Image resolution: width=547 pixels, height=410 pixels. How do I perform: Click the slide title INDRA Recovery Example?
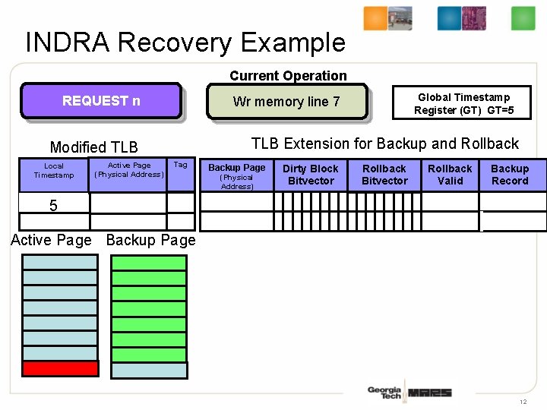(x=185, y=43)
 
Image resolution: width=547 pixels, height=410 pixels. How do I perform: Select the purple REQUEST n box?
(x=101, y=101)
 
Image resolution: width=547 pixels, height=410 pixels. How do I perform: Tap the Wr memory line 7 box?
(x=286, y=102)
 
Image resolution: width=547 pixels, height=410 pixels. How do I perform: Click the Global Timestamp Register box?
(x=463, y=103)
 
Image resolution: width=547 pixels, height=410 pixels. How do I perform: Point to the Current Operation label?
(x=288, y=76)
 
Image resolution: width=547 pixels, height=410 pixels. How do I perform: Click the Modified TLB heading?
(x=93, y=147)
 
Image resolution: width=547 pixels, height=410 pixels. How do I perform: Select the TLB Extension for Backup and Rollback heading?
(x=384, y=143)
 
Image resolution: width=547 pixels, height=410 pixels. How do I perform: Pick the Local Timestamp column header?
(x=54, y=171)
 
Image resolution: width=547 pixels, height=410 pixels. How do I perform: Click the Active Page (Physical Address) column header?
(x=128, y=170)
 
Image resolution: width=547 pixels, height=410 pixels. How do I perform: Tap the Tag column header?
(x=180, y=165)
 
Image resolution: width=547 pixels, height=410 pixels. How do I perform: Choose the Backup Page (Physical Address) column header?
(x=237, y=175)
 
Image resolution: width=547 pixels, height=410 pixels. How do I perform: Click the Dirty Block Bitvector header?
(x=311, y=175)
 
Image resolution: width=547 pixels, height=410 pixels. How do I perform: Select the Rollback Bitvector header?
(x=384, y=175)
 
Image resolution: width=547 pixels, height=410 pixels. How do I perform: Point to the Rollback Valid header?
(x=450, y=175)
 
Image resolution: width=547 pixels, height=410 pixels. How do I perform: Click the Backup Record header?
(x=510, y=175)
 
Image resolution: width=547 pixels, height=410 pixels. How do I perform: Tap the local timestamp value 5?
(x=53, y=206)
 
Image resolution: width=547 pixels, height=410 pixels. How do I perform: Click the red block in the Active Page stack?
(x=60, y=369)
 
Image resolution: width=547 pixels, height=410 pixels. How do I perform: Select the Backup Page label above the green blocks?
(x=150, y=241)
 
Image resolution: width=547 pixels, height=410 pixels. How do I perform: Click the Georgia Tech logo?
(x=384, y=393)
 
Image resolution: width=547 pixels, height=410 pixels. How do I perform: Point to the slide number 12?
(x=523, y=401)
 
